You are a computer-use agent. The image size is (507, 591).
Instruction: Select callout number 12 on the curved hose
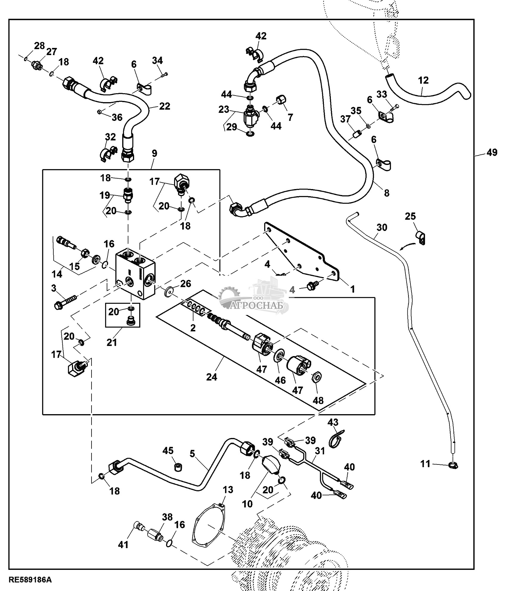click(423, 80)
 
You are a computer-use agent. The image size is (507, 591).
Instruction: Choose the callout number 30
click(382, 228)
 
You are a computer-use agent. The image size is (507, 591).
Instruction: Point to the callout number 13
click(228, 489)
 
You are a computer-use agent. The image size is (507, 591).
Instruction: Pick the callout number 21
click(112, 342)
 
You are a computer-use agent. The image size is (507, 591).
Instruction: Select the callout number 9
click(154, 153)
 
